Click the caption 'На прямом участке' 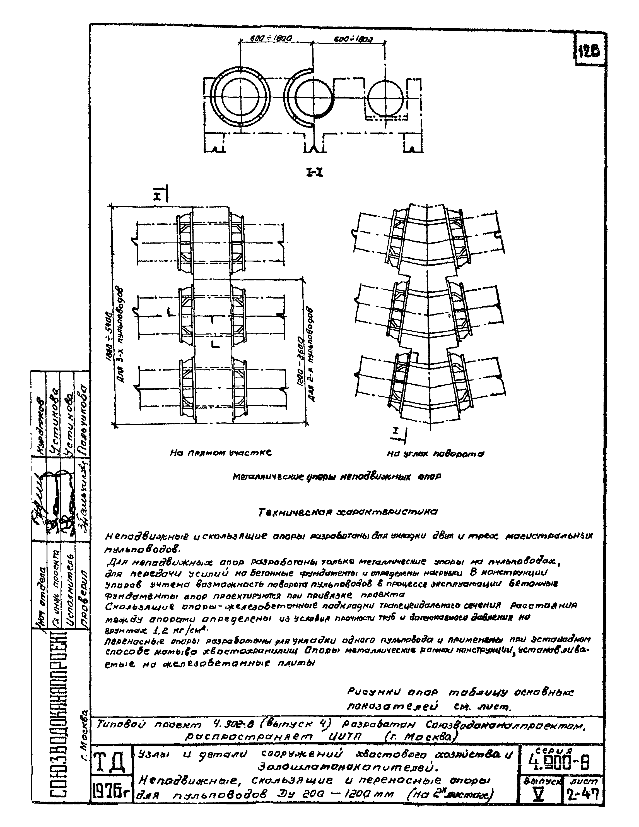coord(221,453)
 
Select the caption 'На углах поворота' coord(435,453)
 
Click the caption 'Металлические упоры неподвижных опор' coord(336,477)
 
